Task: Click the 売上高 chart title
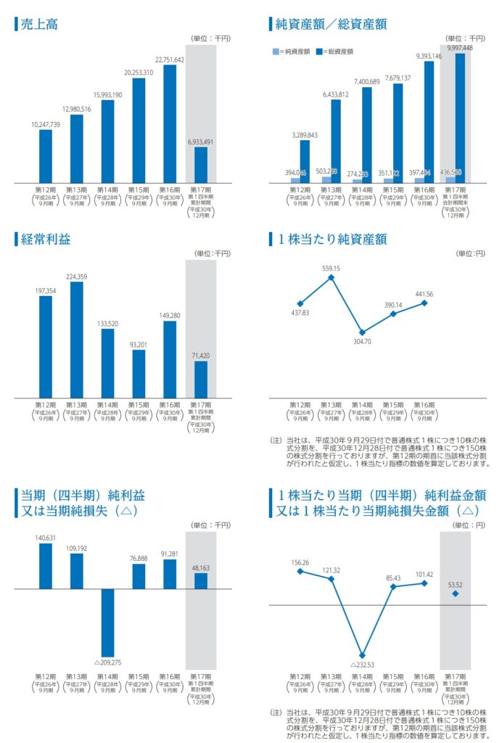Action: (39, 24)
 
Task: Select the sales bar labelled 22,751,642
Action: (169, 123)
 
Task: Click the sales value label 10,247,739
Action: (46, 125)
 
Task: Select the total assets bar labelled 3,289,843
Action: (305, 161)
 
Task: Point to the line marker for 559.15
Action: (332, 276)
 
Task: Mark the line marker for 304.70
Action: (363, 331)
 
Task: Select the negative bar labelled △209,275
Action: (107, 623)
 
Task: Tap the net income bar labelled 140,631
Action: (46, 566)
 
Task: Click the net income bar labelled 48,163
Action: (201, 580)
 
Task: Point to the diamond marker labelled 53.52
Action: (456, 594)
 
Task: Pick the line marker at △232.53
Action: (363, 655)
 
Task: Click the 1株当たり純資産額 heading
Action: (331, 237)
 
